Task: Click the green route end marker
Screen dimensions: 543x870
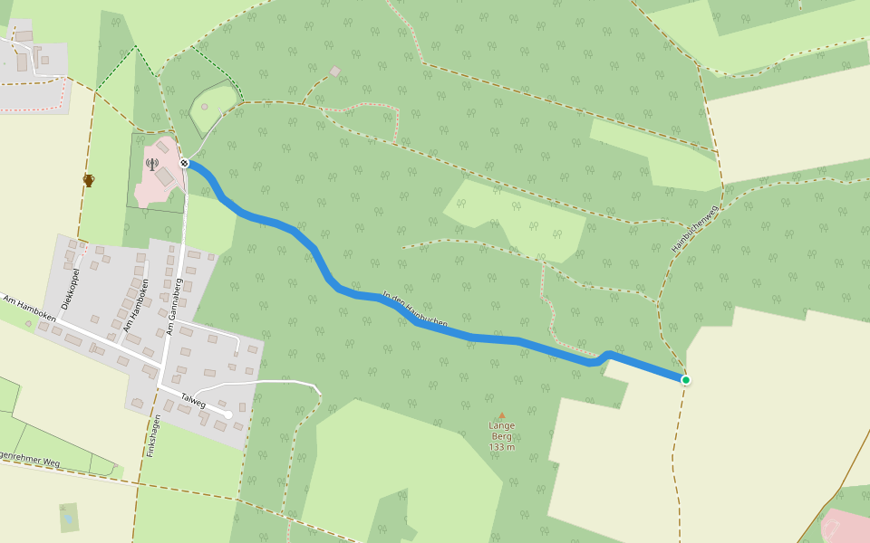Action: coord(686,380)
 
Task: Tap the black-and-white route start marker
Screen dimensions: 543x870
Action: coord(184,163)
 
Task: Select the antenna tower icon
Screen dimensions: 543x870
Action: coord(151,165)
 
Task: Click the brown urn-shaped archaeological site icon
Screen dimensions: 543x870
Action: coord(89,180)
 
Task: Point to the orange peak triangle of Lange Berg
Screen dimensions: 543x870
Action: coord(501,415)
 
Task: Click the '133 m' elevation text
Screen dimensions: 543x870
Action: coord(501,447)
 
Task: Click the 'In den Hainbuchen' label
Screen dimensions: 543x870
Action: coord(415,309)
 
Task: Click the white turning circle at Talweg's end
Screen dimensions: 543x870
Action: coord(228,414)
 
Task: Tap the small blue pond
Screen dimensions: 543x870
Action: coord(68,519)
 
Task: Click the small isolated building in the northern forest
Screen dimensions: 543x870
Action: coord(334,71)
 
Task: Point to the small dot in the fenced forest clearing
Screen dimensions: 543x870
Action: coord(205,107)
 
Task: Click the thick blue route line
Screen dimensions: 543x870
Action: coord(471,338)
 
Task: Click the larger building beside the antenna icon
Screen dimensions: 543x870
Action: coord(164,176)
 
